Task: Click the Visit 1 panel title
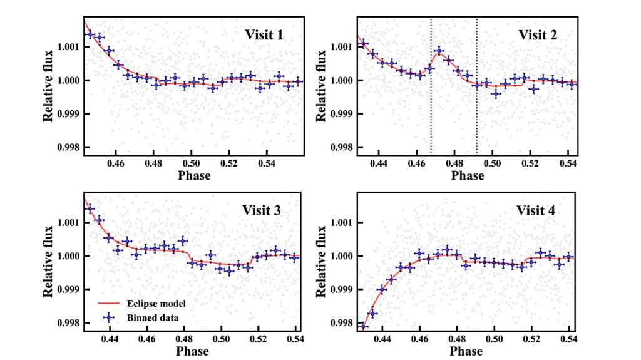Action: [x=264, y=35]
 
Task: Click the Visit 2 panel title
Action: [x=537, y=35]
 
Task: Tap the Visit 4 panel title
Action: [x=535, y=210]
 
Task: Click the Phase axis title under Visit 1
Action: [x=194, y=175]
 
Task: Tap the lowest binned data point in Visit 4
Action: [x=362, y=326]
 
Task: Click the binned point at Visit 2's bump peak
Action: [x=439, y=51]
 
